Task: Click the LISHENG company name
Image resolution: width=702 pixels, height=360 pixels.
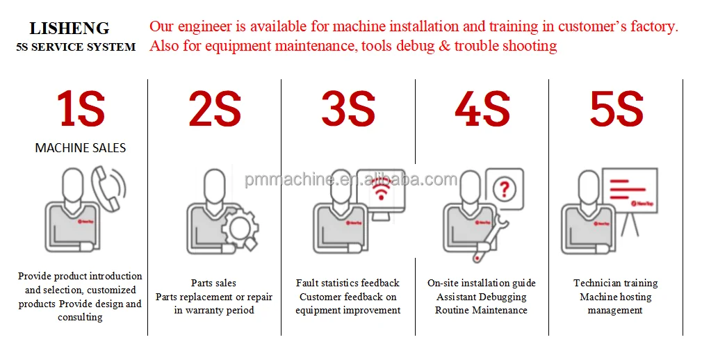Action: pyautogui.click(x=70, y=28)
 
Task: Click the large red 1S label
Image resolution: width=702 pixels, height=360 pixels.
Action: pyautogui.click(x=81, y=109)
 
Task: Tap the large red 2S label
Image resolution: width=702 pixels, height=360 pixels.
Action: pyautogui.click(x=215, y=109)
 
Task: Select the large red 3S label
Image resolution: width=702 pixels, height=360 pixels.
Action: pyautogui.click(x=348, y=109)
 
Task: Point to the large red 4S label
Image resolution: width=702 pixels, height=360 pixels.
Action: pyautogui.click(x=482, y=109)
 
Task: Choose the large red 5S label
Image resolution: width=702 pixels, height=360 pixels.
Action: pyautogui.click(x=617, y=109)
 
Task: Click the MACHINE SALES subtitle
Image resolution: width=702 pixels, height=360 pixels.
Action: pyautogui.click(x=81, y=148)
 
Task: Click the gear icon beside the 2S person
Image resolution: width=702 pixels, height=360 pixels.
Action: pyautogui.click(x=240, y=229)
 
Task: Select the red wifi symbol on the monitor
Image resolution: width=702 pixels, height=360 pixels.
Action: pyautogui.click(x=381, y=191)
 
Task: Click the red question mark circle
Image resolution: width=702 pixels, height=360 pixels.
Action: pyautogui.click(x=505, y=189)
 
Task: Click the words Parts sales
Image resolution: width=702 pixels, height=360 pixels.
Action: pyautogui.click(x=213, y=283)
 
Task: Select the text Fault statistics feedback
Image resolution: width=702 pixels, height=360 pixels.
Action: pyautogui.click(x=348, y=283)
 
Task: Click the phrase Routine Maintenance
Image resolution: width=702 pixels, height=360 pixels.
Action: pyautogui.click(x=481, y=310)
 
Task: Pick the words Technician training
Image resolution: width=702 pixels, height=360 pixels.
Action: pyautogui.click(x=616, y=283)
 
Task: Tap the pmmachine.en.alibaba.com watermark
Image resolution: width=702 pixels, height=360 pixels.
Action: pyautogui.click(x=350, y=179)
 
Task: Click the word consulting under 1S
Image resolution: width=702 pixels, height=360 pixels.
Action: pyautogui.click(x=80, y=318)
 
